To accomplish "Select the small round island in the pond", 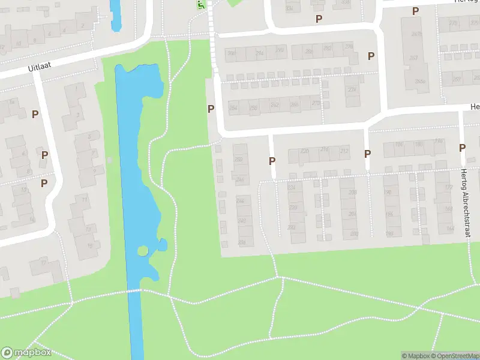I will tap(143, 251).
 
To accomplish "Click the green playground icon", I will tap(201, 5).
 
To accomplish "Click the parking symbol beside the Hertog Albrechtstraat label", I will tap(462, 148).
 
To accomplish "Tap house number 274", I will tap(351, 89).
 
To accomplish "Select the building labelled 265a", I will tap(420, 82).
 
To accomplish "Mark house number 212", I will tap(344, 151).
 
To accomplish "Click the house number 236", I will tap(242, 242).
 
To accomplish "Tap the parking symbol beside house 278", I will tap(371, 56).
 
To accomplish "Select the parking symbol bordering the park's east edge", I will tap(211, 109).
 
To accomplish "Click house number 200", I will tap(353, 233).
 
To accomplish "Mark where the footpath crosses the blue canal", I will tap(135, 290).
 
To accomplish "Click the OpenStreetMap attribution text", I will tap(454, 356).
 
